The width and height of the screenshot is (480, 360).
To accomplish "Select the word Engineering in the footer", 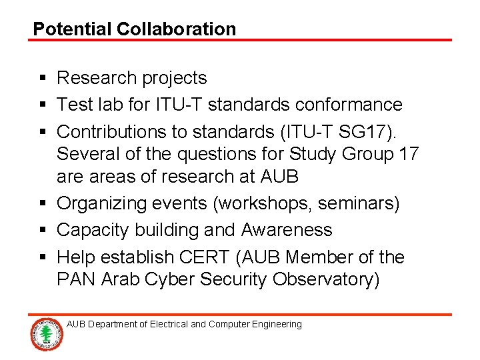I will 277,325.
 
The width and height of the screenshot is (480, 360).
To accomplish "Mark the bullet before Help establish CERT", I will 41,257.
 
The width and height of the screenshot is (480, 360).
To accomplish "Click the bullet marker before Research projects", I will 41,79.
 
